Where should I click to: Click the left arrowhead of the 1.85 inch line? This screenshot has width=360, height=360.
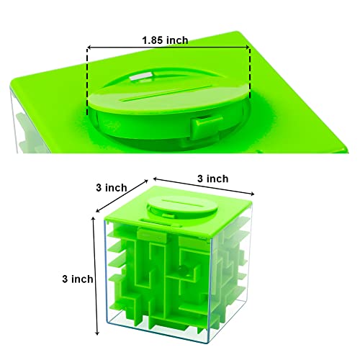point(90,48)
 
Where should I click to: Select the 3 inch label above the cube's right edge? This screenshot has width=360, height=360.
point(212,179)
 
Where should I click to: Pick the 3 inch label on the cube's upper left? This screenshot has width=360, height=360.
point(112,186)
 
